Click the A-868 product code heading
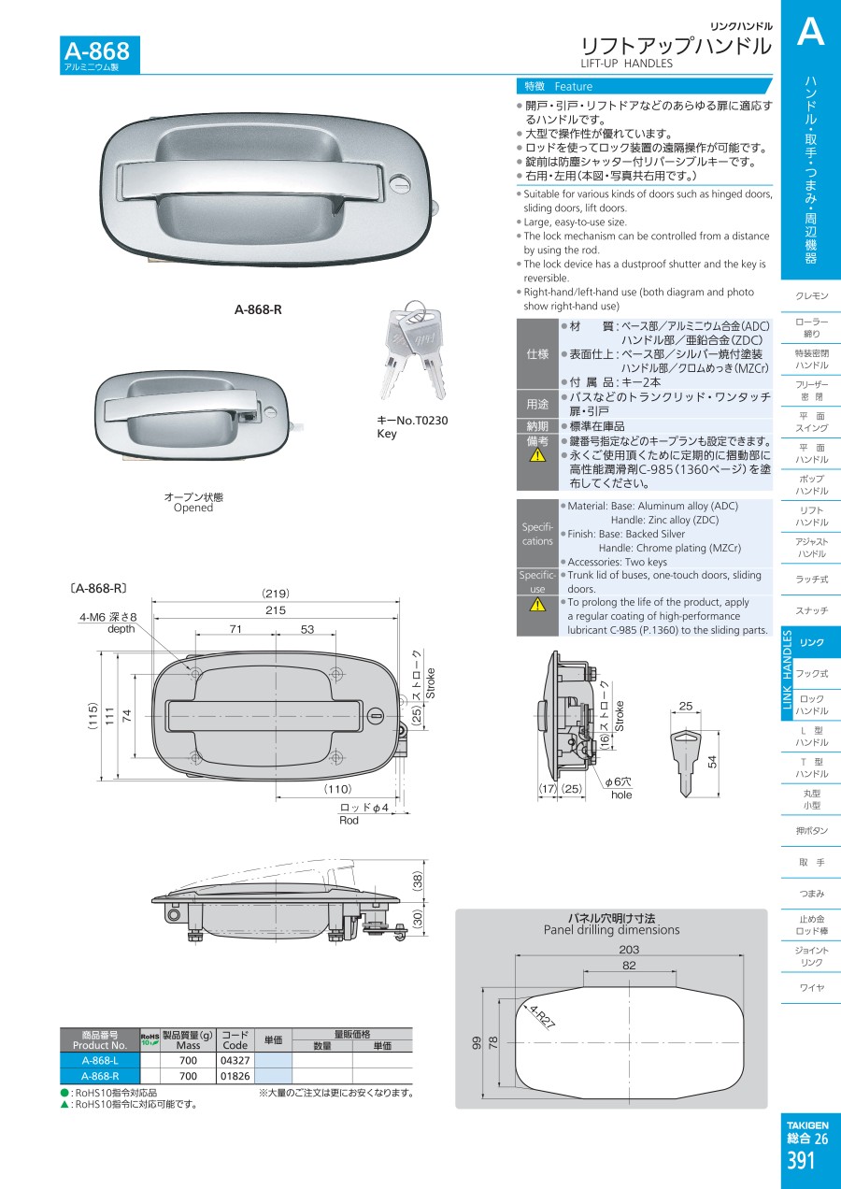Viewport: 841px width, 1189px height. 96,51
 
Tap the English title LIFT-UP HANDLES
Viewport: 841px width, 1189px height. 626,64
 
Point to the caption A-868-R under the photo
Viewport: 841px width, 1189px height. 258,309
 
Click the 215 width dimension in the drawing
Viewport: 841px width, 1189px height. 276,609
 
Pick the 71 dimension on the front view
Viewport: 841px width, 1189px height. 235,629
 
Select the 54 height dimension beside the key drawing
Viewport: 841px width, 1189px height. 712,761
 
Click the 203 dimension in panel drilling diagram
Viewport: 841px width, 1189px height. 629,949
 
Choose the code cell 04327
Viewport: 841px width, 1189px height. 235,1060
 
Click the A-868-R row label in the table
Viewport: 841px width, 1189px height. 100,1075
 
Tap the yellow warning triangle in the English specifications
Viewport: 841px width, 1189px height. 537,604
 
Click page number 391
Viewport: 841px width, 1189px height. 801,1161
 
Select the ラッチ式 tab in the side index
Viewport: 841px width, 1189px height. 811,580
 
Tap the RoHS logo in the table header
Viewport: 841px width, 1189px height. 150,1039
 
